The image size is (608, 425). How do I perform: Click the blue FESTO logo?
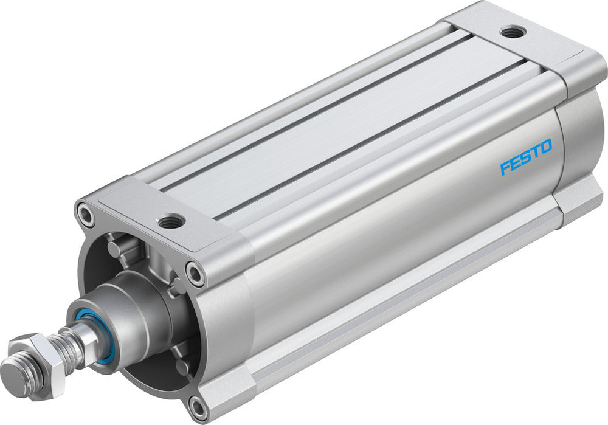(x=526, y=157)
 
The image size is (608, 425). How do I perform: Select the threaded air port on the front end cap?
(x=171, y=221)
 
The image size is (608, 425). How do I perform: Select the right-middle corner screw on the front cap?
(x=195, y=274)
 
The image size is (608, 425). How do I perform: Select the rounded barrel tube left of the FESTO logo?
(x=365, y=243)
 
